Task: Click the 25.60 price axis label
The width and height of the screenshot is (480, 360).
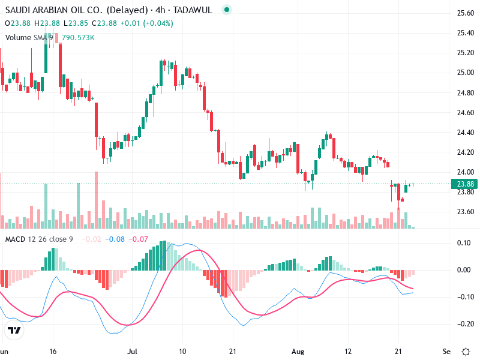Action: tap(466, 13)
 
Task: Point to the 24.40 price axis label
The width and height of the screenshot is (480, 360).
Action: tap(466, 132)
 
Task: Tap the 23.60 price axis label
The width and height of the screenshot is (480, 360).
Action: tap(466, 211)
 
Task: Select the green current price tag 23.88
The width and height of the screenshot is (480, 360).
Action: tap(466, 184)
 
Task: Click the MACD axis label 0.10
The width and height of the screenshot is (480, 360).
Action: tap(463, 243)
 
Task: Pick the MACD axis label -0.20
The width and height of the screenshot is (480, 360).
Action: tap(463, 324)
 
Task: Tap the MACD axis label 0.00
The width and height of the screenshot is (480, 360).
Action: tap(463, 270)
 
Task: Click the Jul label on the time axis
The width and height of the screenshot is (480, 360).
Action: tap(133, 352)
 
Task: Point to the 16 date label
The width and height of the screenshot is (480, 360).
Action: tap(53, 352)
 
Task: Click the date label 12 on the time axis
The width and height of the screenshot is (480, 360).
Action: tap(348, 352)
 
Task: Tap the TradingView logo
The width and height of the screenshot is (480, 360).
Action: tap(14, 331)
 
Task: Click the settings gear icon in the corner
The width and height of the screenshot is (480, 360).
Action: tap(466, 352)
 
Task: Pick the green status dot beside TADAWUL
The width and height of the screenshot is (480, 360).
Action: tap(226, 10)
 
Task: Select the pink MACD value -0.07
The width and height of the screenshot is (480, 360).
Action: tap(140, 240)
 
